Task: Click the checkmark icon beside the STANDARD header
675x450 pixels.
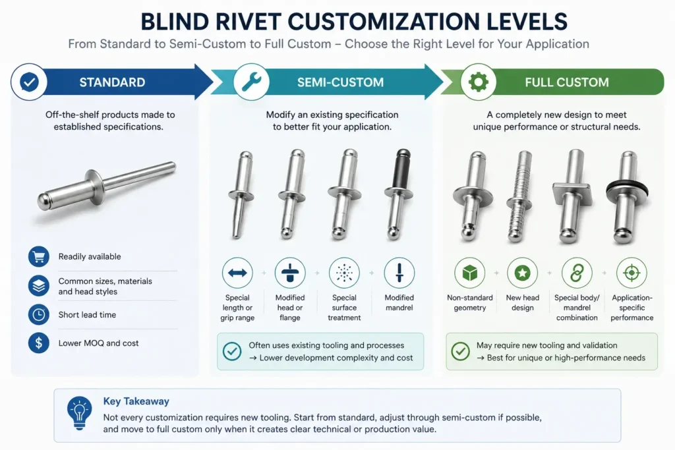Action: click(x=29, y=82)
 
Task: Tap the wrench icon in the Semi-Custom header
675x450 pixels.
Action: click(x=251, y=82)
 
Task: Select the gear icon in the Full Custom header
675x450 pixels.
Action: click(x=479, y=82)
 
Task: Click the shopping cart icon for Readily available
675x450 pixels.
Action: click(x=39, y=256)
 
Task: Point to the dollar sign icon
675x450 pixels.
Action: click(x=39, y=343)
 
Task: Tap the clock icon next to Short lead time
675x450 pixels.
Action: click(x=39, y=314)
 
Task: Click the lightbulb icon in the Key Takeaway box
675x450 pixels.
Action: click(x=79, y=413)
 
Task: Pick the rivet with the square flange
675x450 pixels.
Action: click(x=573, y=196)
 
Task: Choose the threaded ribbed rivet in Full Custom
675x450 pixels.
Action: click(x=519, y=196)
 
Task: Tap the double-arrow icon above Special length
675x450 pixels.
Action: click(x=237, y=273)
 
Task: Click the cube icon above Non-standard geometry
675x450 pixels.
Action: click(x=469, y=273)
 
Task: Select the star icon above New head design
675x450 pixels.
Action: click(x=523, y=273)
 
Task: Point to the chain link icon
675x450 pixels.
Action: click(x=577, y=273)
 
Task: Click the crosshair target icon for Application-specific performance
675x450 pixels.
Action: click(x=631, y=273)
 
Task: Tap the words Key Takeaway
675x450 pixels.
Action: click(x=136, y=401)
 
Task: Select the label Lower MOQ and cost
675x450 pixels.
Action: click(x=99, y=343)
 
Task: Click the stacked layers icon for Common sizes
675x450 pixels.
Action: click(x=39, y=286)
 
